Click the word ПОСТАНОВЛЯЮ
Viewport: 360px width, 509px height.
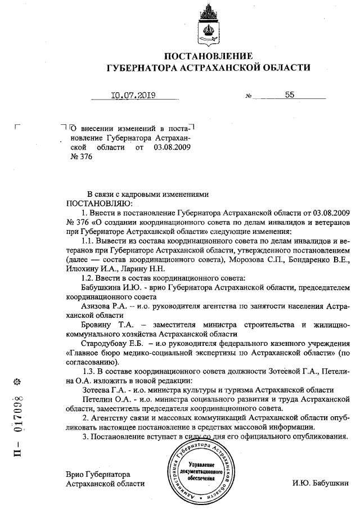pyautogui.click(x=99, y=202)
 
